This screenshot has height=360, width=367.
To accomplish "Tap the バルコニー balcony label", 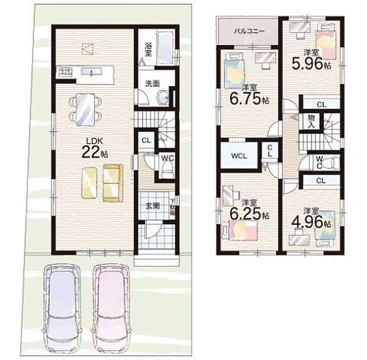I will coord(247,30).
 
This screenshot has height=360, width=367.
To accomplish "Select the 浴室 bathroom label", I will coord(148,48).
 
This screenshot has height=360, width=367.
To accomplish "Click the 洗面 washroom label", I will coord(152,83).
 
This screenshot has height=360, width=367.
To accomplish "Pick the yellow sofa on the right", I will coord(112,181).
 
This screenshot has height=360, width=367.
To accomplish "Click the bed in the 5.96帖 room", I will coord(325,47).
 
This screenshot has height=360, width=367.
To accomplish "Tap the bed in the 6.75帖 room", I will coord(234,73).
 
